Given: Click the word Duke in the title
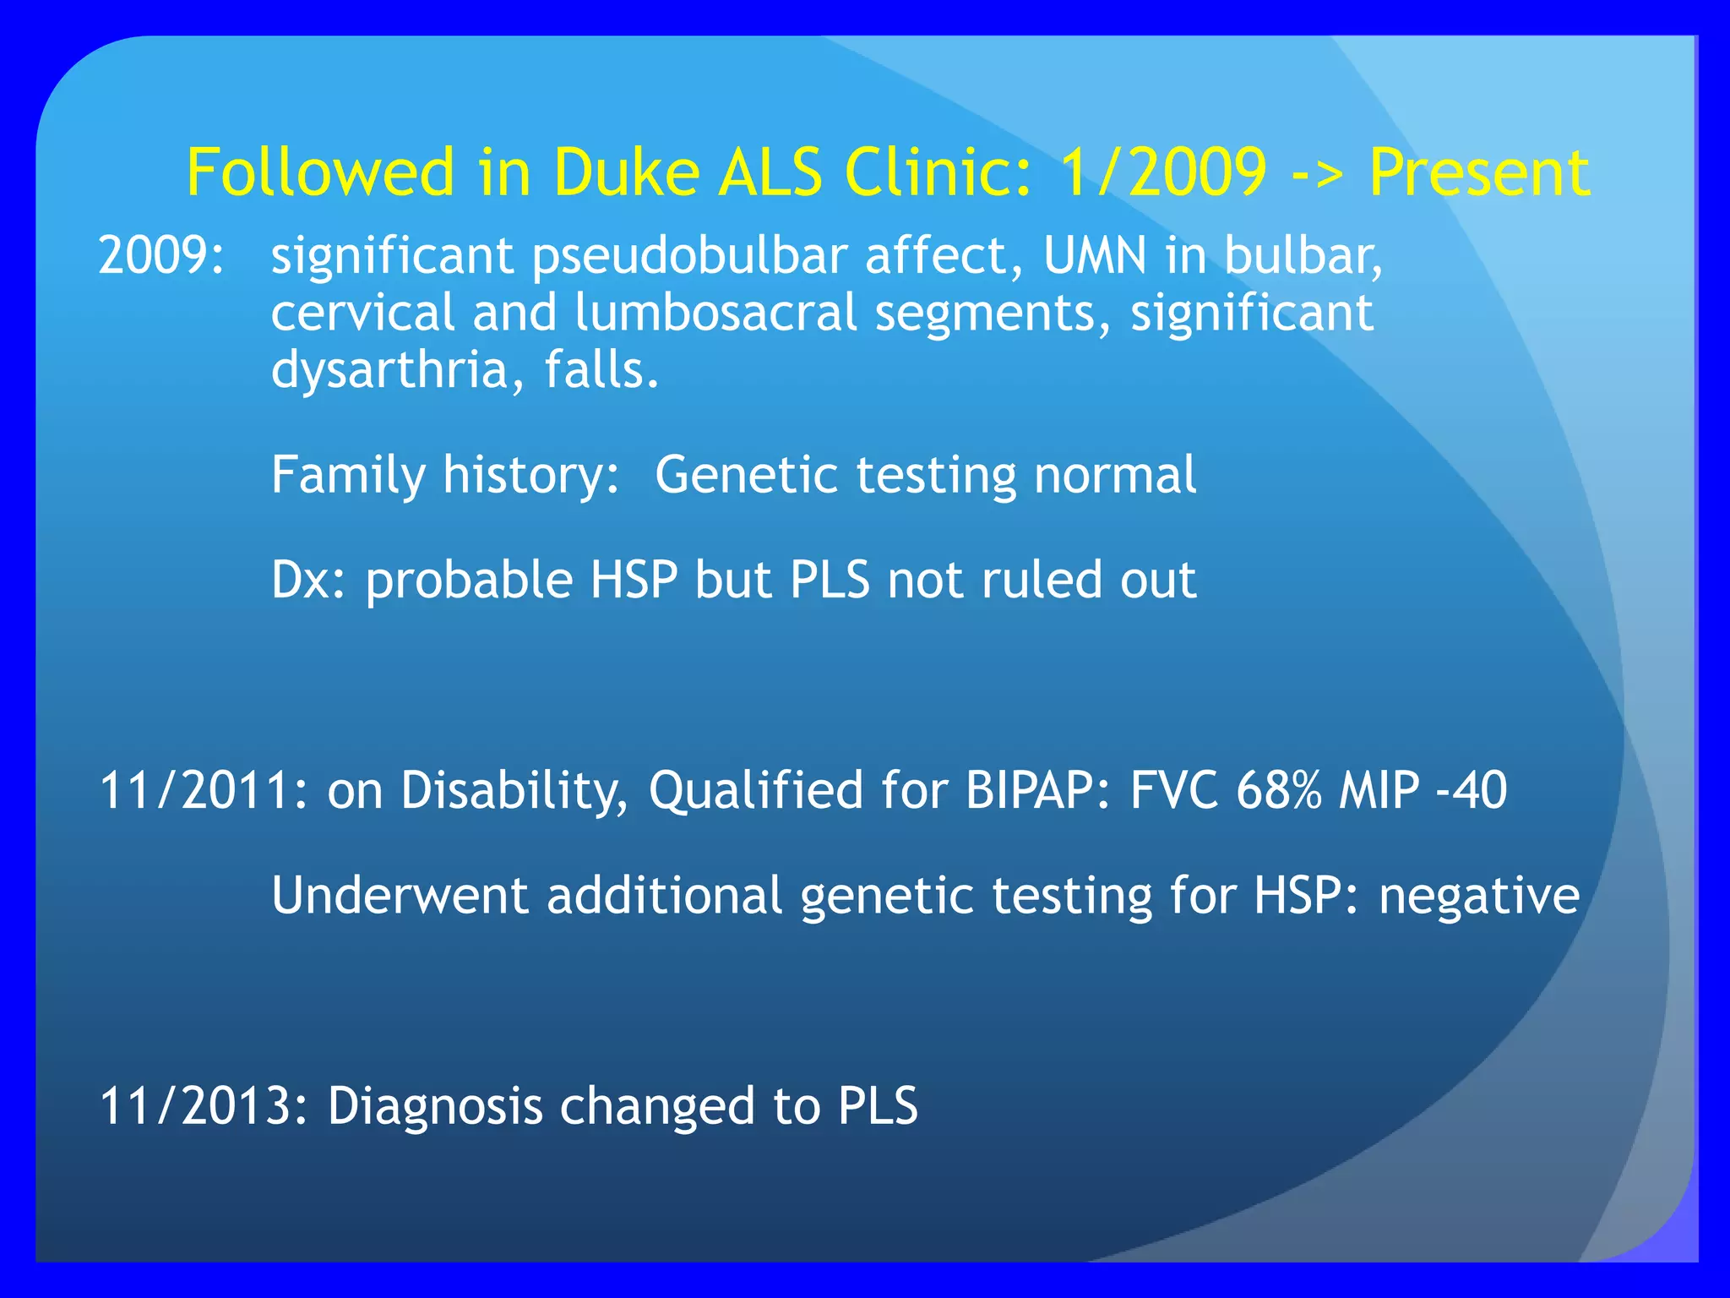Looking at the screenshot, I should [625, 172].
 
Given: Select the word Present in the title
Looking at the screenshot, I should [1479, 172].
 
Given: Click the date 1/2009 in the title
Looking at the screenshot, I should [1163, 172].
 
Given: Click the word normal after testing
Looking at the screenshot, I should [1114, 475].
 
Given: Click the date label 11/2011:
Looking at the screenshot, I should [204, 790].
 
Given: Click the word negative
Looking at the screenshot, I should [1478, 896].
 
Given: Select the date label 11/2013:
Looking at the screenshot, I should [204, 1106].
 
